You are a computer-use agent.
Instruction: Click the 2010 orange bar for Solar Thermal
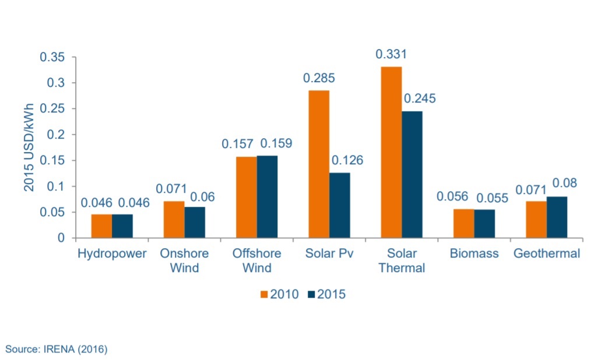[x=391, y=153]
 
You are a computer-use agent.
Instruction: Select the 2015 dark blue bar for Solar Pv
[x=339, y=205]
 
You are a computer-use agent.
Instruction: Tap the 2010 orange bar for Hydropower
[x=101, y=226]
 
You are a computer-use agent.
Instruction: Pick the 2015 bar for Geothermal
[x=557, y=217]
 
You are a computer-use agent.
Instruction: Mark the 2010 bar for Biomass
[x=463, y=223]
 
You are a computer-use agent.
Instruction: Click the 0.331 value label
[x=391, y=54]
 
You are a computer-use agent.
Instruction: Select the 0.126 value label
[x=347, y=160]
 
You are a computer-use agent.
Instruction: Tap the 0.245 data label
[x=419, y=98]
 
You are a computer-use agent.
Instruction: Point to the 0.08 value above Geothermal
[x=564, y=183]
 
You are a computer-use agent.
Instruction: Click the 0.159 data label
[x=276, y=143]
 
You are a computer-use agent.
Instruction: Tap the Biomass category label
[x=473, y=254]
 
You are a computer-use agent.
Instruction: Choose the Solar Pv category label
[x=329, y=254]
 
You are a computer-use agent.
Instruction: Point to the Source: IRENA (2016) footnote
[x=57, y=349]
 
